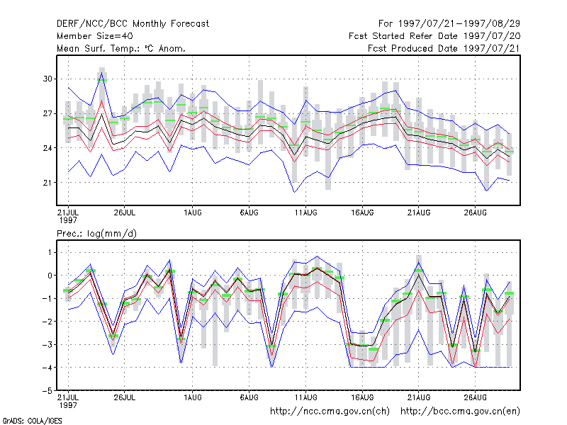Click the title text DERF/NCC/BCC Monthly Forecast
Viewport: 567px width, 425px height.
click(133, 24)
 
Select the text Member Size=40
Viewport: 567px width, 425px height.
click(95, 36)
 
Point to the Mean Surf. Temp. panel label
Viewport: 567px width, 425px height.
click(120, 48)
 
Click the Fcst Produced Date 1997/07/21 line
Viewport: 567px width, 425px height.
click(444, 48)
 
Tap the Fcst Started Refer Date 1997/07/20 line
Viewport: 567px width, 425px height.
click(434, 36)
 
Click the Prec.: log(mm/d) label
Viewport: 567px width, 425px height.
click(96, 234)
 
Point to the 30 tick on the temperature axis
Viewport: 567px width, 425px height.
click(47, 79)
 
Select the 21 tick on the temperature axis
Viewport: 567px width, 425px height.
click(47, 183)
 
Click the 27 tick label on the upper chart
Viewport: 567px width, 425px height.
click(47, 113)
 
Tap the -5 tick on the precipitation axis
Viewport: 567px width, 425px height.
click(47, 391)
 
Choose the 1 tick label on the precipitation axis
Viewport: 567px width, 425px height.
click(50, 252)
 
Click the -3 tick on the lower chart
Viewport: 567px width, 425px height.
click(47, 344)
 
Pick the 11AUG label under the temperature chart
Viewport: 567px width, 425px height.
click(306, 212)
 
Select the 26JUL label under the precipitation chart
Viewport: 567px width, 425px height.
click(125, 397)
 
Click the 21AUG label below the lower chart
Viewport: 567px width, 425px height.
click(419, 397)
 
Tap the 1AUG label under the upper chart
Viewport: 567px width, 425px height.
click(192, 212)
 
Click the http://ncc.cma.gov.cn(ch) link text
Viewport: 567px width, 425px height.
click(330, 412)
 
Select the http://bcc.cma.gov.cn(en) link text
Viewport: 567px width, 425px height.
click(460, 412)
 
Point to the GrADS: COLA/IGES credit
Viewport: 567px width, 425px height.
click(32, 421)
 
